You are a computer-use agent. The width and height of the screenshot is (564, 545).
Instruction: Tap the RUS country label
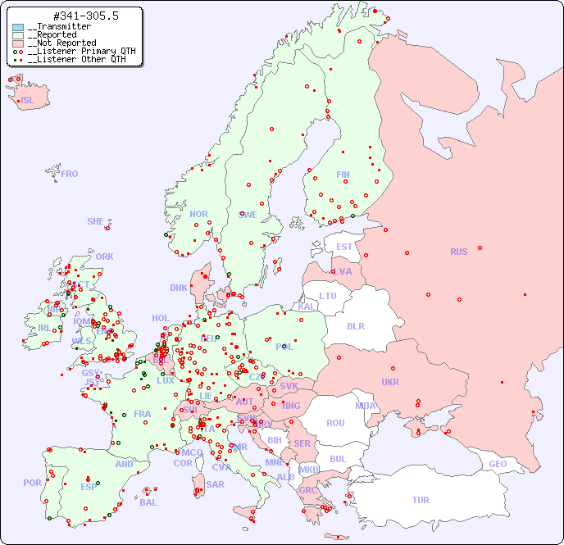(x=458, y=252)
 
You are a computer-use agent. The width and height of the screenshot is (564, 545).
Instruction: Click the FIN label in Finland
(x=343, y=175)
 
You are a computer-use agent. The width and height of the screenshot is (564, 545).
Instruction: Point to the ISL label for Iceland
(x=28, y=101)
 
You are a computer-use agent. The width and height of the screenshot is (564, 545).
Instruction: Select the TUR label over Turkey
(x=421, y=500)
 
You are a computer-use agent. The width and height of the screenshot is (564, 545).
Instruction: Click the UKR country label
(x=390, y=382)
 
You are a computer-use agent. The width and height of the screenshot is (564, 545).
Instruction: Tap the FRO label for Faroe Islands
(x=70, y=174)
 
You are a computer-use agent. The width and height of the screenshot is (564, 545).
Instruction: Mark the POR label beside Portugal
(x=32, y=483)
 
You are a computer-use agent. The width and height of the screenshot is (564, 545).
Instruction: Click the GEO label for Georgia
(x=498, y=464)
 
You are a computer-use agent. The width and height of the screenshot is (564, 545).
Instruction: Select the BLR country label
(x=355, y=325)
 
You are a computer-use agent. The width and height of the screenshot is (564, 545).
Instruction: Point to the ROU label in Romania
(x=335, y=423)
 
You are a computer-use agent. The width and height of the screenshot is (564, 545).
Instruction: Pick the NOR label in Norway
(x=198, y=214)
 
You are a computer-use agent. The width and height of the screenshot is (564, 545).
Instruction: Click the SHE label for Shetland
(x=96, y=221)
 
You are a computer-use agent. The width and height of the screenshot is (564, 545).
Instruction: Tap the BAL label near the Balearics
(x=148, y=502)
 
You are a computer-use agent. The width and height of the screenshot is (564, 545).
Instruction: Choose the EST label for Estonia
(x=344, y=247)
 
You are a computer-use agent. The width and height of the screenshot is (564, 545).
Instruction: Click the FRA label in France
(x=143, y=414)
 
